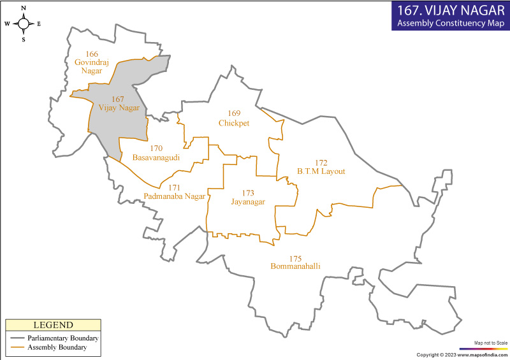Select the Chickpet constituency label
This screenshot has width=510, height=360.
[234, 122]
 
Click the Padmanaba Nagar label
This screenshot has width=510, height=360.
[174, 196]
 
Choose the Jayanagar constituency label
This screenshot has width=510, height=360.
[248, 201]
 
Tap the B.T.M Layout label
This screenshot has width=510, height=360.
[321, 171]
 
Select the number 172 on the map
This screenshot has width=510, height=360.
[321, 163]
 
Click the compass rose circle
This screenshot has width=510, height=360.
[24, 24]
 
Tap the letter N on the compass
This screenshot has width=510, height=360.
[24, 8]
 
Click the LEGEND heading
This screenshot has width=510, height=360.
[53, 325]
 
